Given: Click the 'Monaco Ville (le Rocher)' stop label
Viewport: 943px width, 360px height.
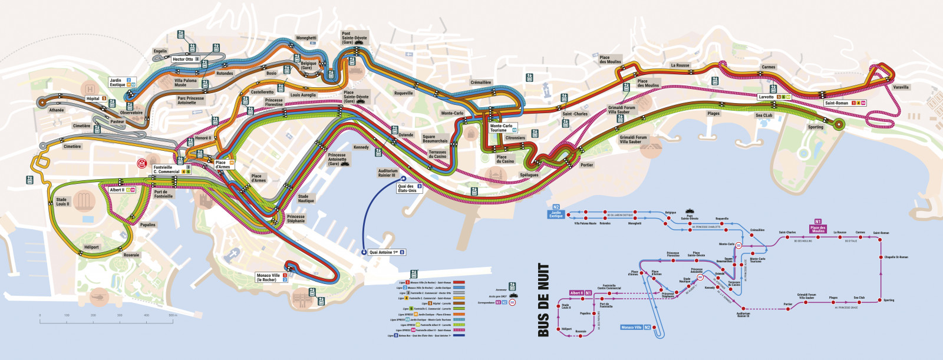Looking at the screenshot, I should click(268, 278).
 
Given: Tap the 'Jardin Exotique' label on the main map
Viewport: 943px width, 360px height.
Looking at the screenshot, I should click(117, 82).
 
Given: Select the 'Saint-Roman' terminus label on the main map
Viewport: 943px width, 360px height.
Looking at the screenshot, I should click(837, 103).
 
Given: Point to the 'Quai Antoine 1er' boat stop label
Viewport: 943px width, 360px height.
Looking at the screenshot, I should click(384, 252).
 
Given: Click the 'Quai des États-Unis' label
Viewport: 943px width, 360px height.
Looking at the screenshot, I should click(407, 189).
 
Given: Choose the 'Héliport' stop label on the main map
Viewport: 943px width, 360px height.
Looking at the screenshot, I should click(91, 247).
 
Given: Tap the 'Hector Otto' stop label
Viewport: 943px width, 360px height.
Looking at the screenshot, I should click(183, 59).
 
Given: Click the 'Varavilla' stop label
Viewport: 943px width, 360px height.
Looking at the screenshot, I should click(901, 87).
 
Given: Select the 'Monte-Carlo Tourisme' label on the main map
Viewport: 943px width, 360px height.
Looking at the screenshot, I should click(501, 128).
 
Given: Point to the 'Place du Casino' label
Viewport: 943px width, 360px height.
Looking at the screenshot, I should click(505, 159).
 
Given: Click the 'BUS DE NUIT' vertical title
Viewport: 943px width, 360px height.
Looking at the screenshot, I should click(543, 300).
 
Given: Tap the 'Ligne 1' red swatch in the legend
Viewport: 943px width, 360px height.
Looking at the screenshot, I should click(459, 283).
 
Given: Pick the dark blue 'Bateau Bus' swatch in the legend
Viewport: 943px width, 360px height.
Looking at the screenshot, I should click(459, 336).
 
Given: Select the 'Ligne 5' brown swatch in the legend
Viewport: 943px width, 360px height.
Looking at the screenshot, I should click(459, 303).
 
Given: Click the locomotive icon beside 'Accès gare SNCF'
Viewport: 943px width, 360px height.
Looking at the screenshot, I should click(513, 296).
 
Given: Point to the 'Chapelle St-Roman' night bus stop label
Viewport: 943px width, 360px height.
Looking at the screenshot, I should click(896, 257).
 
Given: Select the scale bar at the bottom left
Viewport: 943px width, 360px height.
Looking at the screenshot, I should click(106, 318).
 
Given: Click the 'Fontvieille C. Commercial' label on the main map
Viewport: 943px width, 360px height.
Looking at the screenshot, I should click(166, 169).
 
